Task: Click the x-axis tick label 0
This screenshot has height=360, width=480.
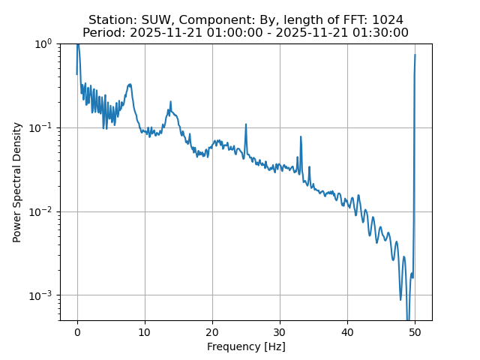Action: (77, 331)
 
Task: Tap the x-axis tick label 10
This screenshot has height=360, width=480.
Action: (145, 331)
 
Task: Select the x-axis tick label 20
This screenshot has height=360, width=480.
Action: (212, 331)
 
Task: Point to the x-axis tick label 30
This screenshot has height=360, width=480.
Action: (280, 331)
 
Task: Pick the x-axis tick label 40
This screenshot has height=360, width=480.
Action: (347, 331)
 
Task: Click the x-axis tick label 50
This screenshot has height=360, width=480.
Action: (415, 331)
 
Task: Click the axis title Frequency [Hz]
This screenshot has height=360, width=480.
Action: (246, 346)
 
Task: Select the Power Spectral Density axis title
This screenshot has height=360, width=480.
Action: (16, 181)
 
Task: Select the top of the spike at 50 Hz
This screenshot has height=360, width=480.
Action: (415, 55)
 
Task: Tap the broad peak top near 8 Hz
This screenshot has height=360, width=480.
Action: (130, 84)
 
